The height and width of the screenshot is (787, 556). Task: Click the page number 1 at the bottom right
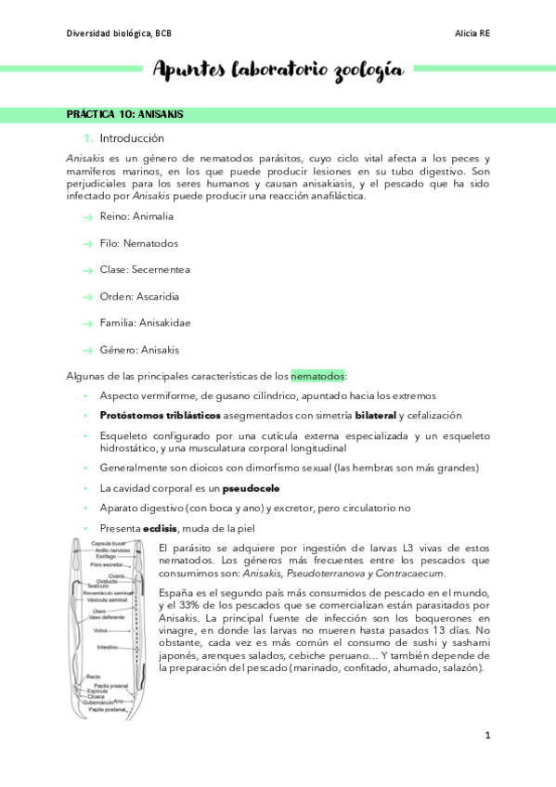click(487, 736)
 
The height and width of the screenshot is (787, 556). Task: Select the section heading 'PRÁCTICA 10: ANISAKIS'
click(124, 114)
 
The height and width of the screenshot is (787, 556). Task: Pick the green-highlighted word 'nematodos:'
click(317, 376)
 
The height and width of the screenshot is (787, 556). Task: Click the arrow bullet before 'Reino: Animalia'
click(86, 217)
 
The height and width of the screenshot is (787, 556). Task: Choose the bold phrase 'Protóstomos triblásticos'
click(160, 415)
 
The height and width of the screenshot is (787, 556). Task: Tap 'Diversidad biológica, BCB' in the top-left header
click(120, 33)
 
